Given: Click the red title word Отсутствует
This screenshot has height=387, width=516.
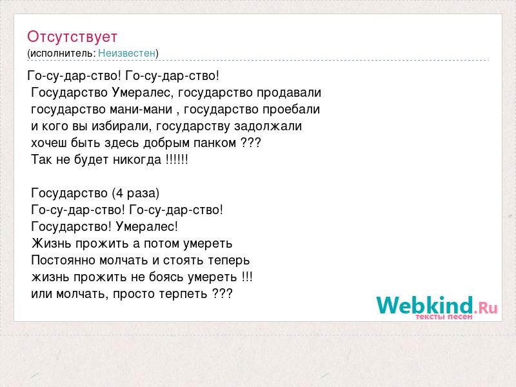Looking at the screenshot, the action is [72, 37].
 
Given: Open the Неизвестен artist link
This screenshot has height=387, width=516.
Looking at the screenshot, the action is [126, 53].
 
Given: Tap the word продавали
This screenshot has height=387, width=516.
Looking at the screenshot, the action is [288, 93].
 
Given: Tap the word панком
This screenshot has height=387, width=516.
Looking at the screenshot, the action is [215, 143].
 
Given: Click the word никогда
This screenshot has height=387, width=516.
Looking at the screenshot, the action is [137, 160].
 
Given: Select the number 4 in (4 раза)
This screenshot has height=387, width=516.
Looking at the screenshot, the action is [119, 193].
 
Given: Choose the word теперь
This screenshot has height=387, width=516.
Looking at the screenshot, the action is [229, 261].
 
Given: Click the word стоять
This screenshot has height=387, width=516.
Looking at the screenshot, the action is [184, 261].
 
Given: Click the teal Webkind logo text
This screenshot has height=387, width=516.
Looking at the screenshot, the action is [425, 304].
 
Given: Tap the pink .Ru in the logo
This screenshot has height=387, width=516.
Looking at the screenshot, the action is [486, 308].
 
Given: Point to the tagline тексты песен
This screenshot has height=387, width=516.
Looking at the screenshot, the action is [444, 317].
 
